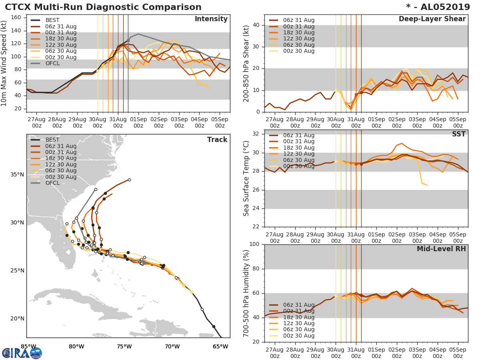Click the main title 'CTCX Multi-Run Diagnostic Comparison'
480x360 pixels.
click(103, 7)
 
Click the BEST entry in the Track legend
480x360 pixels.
click(52, 140)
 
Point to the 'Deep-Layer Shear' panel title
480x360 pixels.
click(432, 19)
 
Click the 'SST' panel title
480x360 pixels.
click(458, 134)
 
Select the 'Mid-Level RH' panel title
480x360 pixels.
click(441, 249)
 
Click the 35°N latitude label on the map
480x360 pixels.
click(17, 174)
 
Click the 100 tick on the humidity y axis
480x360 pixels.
click(254, 244)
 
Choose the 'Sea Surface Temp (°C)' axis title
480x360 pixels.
click(246, 178)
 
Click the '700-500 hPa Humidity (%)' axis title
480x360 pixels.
click(246, 293)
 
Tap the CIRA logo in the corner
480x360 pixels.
click(22, 353)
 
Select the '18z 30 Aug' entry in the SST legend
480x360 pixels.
click(298, 148)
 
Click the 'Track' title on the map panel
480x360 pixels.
click(217, 140)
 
